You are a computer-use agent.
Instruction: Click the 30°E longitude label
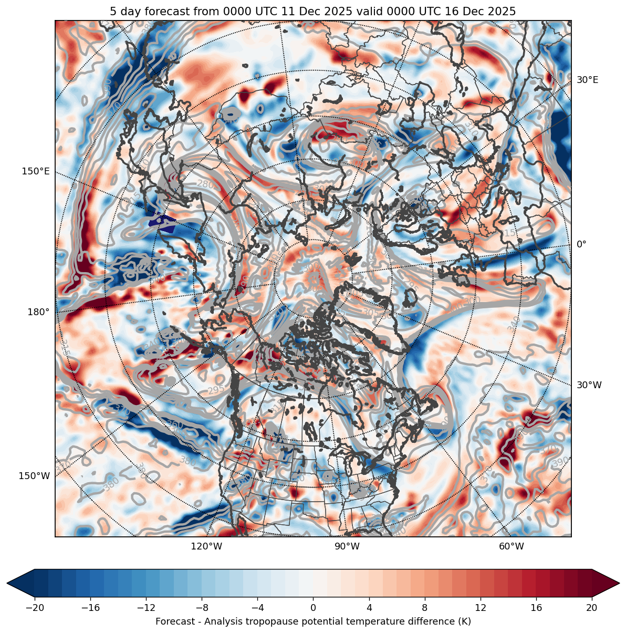(x=587, y=80)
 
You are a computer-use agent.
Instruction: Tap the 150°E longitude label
(x=36, y=171)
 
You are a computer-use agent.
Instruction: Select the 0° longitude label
(x=581, y=244)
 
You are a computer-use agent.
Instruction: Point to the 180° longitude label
(x=38, y=312)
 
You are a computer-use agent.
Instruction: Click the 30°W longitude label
(x=589, y=385)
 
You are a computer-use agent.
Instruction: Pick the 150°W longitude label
(x=35, y=476)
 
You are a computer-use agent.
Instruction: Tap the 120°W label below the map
(x=206, y=546)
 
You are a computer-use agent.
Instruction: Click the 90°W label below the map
(x=347, y=546)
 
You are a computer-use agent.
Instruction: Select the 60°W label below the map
(x=512, y=546)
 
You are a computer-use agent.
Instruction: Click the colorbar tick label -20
(x=35, y=608)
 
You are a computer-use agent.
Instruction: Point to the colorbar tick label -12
(x=146, y=608)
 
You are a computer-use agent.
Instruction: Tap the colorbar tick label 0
(x=313, y=608)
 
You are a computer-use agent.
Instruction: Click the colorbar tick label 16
(x=536, y=608)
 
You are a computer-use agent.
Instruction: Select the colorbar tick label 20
(x=591, y=608)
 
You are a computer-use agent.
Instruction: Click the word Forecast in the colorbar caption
(x=174, y=621)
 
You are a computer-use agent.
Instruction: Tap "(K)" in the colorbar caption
(x=464, y=621)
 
